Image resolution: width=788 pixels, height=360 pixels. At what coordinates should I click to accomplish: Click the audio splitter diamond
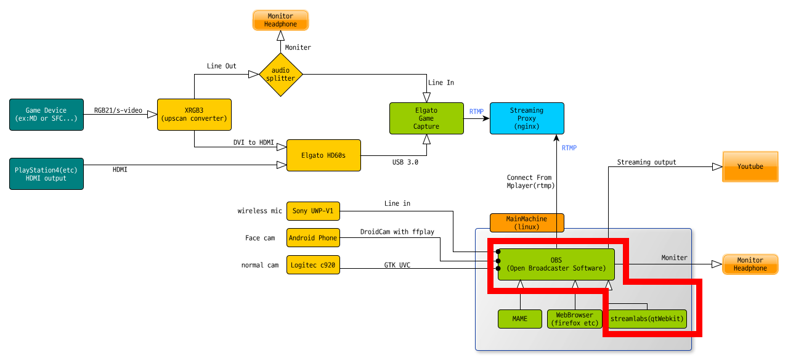click(x=281, y=75)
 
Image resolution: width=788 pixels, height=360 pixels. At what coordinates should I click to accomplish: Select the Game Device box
click(x=46, y=115)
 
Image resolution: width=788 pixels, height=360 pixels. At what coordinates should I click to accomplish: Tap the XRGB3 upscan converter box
click(x=194, y=115)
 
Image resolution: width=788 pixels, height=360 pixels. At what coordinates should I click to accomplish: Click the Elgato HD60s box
click(x=323, y=155)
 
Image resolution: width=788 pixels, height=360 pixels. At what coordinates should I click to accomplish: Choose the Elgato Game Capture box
click(x=426, y=118)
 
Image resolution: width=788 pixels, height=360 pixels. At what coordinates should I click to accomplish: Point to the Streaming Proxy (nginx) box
click(x=527, y=118)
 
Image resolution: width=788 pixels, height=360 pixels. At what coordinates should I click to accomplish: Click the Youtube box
click(x=750, y=167)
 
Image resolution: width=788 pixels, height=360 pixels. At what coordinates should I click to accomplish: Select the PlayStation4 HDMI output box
click(x=46, y=174)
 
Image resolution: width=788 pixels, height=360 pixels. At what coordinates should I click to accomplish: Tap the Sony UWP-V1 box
click(x=313, y=211)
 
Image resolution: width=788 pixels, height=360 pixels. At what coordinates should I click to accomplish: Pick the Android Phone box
click(x=313, y=238)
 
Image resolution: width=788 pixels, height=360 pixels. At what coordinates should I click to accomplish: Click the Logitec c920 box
click(x=313, y=265)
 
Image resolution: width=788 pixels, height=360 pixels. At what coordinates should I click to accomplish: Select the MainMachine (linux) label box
click(x=527, y=223)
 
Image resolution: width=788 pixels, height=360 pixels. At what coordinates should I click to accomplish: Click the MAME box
click(x=520, y=319)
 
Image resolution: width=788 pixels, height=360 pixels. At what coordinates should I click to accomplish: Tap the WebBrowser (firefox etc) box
click(x=575, y=319)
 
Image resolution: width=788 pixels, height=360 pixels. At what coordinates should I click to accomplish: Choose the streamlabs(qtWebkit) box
click(x=648, y=319)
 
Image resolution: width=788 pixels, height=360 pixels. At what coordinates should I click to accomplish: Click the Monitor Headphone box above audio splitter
click(x=281, y=20)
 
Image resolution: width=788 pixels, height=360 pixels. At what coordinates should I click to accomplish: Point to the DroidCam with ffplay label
click(x=397, y=232)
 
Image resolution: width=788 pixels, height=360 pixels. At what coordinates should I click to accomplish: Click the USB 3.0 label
click(x=405, y=162)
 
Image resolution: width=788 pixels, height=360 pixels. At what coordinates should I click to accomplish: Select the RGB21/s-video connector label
click(x=118, y=110)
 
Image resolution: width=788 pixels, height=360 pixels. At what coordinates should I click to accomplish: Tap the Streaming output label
click(x=646, y=162)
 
